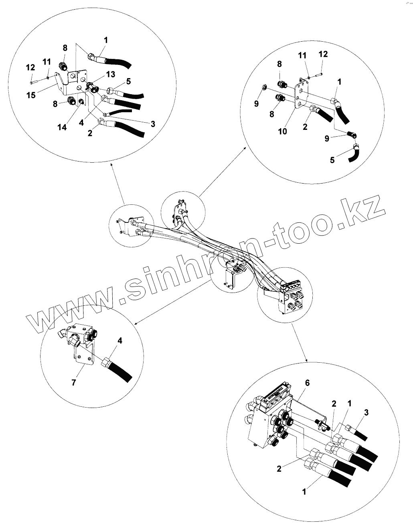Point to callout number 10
(x=283, y=131)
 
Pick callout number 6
(x=307, y=383)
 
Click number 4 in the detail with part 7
(x=119, y=341)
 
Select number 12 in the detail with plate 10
(x=323, y=54)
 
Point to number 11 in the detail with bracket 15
(x=47, y=62)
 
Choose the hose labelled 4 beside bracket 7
(x=120, y=371)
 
